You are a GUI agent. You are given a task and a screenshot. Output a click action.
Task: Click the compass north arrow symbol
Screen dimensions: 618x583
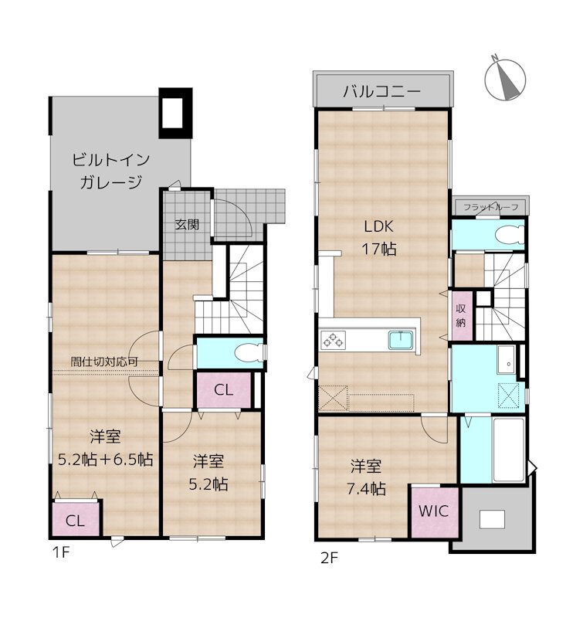[x=506, y=77]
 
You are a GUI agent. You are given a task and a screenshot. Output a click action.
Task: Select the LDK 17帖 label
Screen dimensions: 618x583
[x=381, y=238]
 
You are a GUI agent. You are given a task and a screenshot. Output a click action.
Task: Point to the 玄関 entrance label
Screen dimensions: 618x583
[x=186, y=225]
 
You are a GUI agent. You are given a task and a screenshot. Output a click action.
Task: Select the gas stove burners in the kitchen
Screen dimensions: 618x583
[x=334, y=339]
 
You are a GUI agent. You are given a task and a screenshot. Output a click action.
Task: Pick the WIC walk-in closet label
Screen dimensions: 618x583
[x=434, y=511]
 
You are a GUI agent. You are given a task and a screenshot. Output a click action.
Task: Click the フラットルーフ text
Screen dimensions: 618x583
[x=490, y=207]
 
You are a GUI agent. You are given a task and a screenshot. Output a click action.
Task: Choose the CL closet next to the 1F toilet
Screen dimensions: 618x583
[x=223, y=391]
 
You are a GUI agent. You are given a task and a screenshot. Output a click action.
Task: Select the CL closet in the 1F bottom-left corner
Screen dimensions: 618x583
[x=75, y=520]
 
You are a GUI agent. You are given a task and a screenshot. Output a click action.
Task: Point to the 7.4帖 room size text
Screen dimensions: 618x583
[x=366, y=489]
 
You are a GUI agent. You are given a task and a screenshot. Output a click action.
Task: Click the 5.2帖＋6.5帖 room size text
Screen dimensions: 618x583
[x=105, y=459]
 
